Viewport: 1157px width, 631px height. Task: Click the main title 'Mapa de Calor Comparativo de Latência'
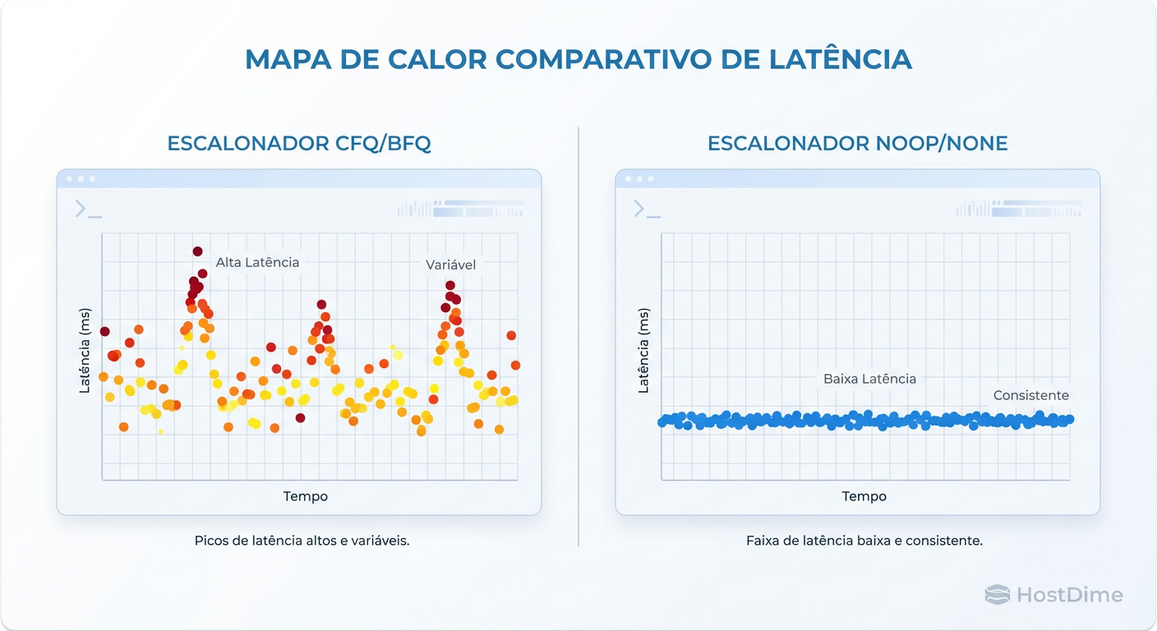(x=578, y=59)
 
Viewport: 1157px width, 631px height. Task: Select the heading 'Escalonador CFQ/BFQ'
(x=299, y=144)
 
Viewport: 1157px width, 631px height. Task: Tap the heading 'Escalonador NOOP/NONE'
(x=857, y=144)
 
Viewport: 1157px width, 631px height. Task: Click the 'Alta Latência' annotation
(x=257, y=262)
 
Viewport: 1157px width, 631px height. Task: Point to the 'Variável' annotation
(x=450, y=265)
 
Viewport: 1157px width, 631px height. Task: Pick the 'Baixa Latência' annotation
(x=869, y=379)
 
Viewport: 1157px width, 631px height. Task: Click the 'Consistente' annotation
(x=1030, y=395)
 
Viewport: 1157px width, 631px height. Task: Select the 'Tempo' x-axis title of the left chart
(x=306, y=496)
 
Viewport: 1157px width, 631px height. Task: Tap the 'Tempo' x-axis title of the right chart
(x=864, y=496)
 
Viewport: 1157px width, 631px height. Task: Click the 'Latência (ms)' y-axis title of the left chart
(x=85, y=351)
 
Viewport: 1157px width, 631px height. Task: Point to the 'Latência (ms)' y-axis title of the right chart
(x=643, y=351)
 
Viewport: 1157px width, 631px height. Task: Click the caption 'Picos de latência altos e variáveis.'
(x=302, y=541)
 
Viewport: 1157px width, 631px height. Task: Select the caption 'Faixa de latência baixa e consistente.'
(x=864, y=541)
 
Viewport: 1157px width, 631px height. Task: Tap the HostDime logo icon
(x=997, y=595)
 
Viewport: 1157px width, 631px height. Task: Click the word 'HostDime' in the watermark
(x=1069, y=595)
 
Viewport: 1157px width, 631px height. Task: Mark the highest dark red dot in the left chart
(x=197, y=251)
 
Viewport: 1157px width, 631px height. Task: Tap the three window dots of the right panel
(x=639, y=178)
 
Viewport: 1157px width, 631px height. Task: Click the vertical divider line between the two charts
(x=578, y=337)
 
